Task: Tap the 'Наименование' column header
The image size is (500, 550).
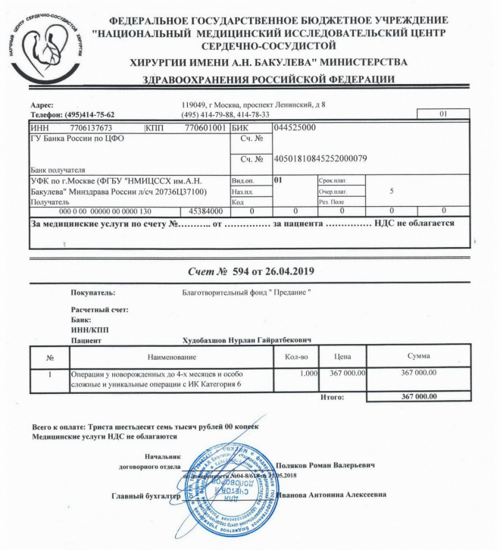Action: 173,356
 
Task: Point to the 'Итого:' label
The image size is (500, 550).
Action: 333,396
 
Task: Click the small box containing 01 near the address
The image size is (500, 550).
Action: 444,114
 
